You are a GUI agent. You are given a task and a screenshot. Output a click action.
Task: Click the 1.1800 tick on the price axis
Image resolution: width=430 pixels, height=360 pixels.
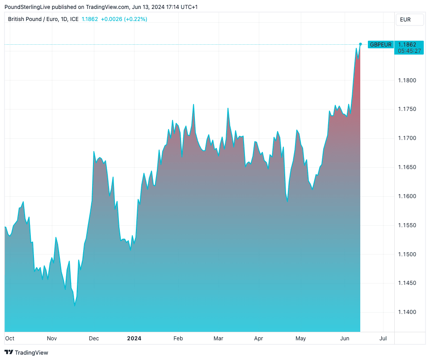(x=407, y=80)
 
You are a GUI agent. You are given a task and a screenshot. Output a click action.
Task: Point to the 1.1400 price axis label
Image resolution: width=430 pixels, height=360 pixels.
(x=407, y=312)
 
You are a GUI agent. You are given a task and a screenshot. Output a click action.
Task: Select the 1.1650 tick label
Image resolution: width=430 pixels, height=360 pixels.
(x=407, y=167)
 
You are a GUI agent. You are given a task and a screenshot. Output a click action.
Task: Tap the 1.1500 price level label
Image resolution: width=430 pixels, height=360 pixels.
(x=407, y=254)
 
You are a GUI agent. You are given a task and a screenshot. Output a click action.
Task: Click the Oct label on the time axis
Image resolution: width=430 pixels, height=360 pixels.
(x=10, y=339)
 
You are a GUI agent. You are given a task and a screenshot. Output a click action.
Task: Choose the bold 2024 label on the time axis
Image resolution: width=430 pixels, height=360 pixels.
(x=134, y=339)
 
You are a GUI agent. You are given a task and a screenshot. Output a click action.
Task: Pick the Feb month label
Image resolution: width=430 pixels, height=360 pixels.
(x=178, y=339)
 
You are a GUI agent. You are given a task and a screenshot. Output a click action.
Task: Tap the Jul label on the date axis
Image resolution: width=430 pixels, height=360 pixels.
(x=383, y=339)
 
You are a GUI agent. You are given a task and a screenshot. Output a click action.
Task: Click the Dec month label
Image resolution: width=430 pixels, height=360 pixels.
(x=93, y=339)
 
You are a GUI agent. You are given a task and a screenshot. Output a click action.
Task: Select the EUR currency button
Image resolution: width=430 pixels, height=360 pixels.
(x=405, y=20)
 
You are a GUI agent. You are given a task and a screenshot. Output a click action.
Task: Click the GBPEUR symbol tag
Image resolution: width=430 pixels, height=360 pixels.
(x=380, y=44)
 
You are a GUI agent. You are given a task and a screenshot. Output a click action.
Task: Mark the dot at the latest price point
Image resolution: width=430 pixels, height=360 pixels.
(x=360, y=44)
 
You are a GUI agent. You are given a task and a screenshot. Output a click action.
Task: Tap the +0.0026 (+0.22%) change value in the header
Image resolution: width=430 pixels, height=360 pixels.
(x=124, y=19)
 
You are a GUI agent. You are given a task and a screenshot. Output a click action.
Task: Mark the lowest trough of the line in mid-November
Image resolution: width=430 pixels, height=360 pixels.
(x=75, y=306)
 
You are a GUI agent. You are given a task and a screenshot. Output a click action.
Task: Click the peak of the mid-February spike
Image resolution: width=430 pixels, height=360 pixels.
(x=193, y=105)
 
